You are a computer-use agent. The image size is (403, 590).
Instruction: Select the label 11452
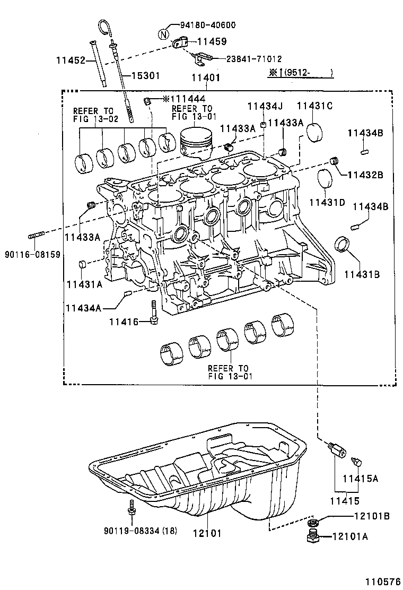(71, 61)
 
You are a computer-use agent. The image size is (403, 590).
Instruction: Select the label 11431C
(314, 106)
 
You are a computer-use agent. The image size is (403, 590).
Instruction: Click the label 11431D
(327, 202)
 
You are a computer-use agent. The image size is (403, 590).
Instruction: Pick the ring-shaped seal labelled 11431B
(343, 246)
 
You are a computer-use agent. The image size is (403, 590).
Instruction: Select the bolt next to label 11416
(153, 313)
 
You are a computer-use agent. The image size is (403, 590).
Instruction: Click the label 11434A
(83, 307)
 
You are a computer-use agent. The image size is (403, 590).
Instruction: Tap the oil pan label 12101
(207, 533)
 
